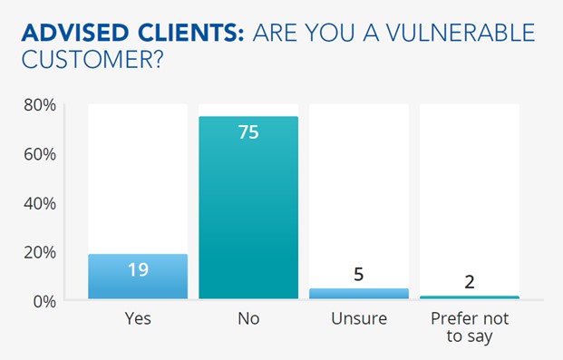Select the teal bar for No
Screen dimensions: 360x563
point(248,209)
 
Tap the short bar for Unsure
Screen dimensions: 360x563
point(359,293)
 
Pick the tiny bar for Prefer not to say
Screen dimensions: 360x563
point(470,297)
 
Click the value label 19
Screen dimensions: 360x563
point(138,268)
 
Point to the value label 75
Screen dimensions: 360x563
point(248,132)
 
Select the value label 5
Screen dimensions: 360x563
point(359,275)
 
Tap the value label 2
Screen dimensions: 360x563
point(470,281)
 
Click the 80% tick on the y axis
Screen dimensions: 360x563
point(40,105)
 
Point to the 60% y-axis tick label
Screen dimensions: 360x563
point(40,154)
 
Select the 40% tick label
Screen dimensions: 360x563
point(40,203)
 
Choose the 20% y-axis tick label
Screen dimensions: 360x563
point(40,252)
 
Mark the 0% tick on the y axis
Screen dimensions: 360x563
point(44,300)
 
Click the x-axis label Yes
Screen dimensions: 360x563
point(138,319)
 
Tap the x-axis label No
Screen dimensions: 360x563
point(248,319)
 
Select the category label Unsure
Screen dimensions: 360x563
point(359,319)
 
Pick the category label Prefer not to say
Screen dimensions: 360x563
point(470,327)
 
